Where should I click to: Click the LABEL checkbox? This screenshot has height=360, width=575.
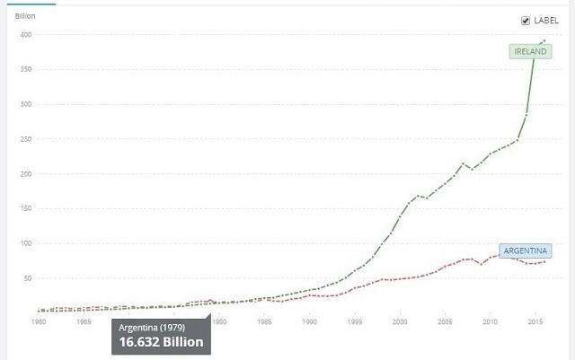526,21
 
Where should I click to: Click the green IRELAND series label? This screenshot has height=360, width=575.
531,52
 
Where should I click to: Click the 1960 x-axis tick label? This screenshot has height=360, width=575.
39,320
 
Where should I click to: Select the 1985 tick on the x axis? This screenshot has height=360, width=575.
264,320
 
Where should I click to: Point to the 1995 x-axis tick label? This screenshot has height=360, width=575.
354,320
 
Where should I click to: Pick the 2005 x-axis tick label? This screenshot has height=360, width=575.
445,320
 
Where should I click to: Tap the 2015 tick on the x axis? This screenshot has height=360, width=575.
535,320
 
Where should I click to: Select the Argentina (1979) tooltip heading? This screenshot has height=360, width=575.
148,327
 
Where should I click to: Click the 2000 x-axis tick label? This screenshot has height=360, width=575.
400,320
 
